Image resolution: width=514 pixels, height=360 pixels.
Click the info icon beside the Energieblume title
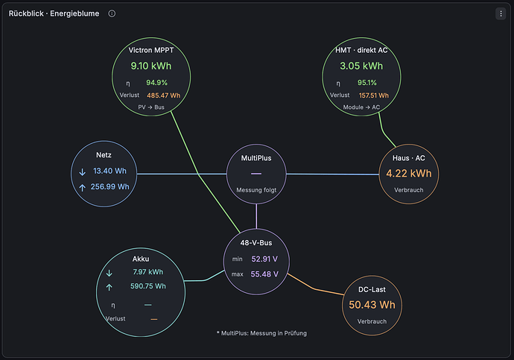click(112, 13)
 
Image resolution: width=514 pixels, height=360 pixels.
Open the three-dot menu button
click(501, 13)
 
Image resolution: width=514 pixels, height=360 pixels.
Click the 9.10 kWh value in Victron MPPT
click(151, 66)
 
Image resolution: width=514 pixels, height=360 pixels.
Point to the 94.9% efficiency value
click(156, 83)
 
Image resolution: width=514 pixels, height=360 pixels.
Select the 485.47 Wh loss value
click(164, 95)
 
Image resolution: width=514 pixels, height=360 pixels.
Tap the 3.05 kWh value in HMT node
click(361, 66)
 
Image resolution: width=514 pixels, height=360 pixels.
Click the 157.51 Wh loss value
click(374, 95)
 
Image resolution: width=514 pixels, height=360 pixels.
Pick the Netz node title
click(104, 155)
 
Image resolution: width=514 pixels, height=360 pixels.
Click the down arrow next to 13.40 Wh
click(82, 172)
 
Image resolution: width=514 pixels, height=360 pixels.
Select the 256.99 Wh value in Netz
click(110, 186)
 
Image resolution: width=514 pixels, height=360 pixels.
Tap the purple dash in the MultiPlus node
click(256, 174)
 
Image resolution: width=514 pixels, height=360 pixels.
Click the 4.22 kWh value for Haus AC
click(409, 173)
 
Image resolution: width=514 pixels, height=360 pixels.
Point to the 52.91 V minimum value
click(264, 259)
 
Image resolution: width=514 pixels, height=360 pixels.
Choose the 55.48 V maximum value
click(264, 274)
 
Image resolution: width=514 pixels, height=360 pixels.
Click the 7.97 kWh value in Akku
click(147, 272)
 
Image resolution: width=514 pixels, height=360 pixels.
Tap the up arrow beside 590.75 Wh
click(110, 288)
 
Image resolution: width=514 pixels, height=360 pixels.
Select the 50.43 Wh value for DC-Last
click(372, 305)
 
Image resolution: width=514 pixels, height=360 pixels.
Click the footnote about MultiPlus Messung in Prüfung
click(261, 333)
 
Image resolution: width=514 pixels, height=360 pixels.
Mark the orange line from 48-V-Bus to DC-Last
click(314, 288)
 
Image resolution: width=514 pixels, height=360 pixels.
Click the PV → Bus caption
click(151, 107)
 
